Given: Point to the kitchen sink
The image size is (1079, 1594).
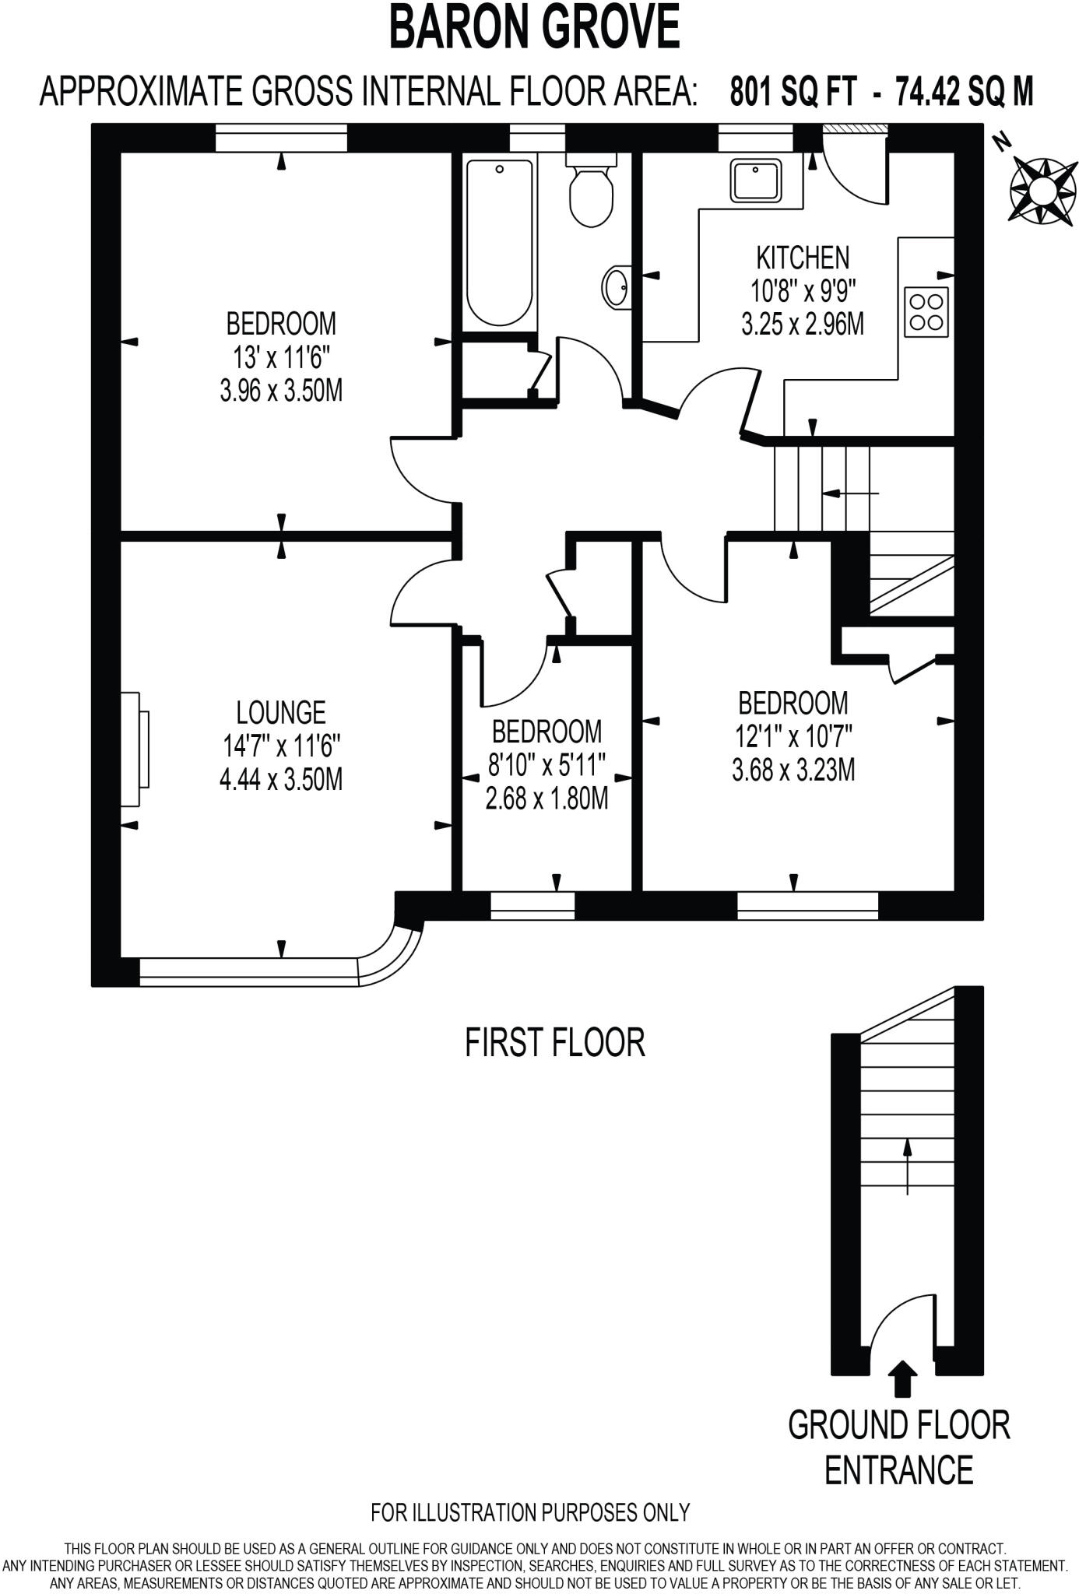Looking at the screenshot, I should click(754, 180).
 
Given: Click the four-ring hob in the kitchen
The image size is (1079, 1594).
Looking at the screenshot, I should click(926, 311).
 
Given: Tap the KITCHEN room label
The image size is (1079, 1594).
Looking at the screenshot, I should click(803, 258).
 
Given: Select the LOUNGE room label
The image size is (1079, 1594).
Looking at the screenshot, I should click(280, 712).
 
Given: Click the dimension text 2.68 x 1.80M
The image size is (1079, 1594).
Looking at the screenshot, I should click(547, 799).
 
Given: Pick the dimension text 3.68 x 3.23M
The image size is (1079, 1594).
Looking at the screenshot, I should click(793, 771).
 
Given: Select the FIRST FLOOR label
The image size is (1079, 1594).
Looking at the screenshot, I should click(554, 1043).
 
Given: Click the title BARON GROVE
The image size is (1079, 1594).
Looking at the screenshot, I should click(534, 26).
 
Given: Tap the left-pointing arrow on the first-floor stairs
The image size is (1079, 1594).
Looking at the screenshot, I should click(850, 493).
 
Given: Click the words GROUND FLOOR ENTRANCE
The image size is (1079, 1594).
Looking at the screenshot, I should click(898, 1448).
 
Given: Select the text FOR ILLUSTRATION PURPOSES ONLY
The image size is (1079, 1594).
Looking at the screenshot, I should click(530, 1511).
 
